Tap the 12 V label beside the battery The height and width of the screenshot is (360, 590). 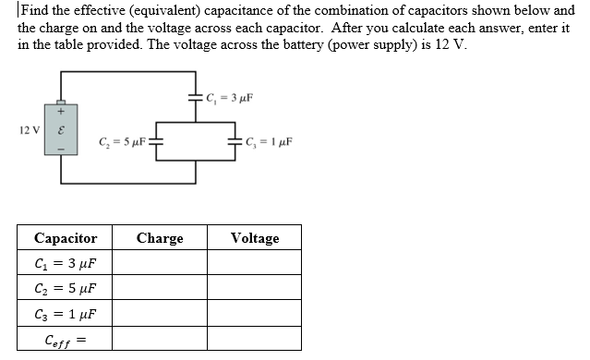[x=30, y=129]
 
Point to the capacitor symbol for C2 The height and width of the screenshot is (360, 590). [x=157, y=143]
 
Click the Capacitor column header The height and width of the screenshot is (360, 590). [x=66, y=238]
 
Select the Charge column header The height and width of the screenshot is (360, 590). [x=160, y=238]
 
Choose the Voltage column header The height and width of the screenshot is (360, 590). [x=255, y=238]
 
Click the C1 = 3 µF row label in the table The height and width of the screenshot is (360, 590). [x=66, y=263]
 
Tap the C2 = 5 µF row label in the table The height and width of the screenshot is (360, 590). [x=66, y=289]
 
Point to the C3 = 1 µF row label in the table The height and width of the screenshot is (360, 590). [x=66, y=314]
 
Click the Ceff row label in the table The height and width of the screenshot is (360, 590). [x=65, y=340]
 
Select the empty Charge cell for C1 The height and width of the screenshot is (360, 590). [x=160, y=263]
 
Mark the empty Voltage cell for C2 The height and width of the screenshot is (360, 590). [x=255, y=289]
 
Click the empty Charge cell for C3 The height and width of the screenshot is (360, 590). [x=160, y=314]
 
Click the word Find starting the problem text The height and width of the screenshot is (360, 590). [x=34, y=11]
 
